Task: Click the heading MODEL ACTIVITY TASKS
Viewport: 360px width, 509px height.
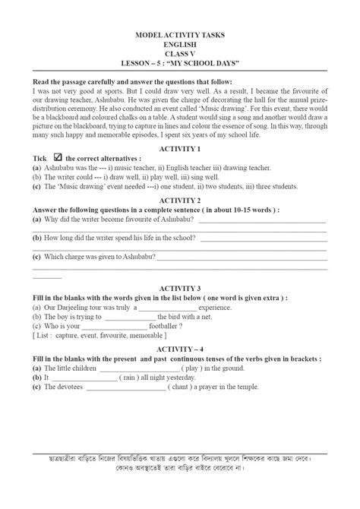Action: click(180, 36)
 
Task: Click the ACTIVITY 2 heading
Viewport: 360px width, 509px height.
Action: click(180, 200)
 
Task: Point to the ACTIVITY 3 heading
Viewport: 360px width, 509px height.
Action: click(180, 289)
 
